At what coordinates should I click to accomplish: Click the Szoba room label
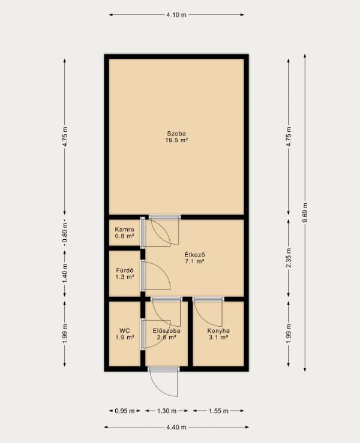click(x=176, y=134)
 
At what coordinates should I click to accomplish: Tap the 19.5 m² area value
click(x=177, y=140)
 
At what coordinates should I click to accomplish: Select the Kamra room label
click(x=124, y=230)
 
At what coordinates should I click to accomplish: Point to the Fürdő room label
click(x=125, y=270)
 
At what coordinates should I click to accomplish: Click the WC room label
click(x=125, y=330)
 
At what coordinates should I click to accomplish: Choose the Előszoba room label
click(x=167, y=330)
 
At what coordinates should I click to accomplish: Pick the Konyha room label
click(x=218, y=330)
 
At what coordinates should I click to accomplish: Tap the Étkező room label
click(x=194, y=255)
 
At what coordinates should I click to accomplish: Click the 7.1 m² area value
click(x=194, y=261)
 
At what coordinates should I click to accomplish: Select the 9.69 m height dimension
click(x=305, y=213)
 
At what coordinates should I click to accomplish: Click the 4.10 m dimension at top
click(x=176, y=15)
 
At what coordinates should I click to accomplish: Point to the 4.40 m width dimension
click(x=176, y=427)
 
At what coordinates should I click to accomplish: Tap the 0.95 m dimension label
click(x=125, y=411)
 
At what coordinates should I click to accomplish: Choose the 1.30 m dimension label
click(x=167, y=411)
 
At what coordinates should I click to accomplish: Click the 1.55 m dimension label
click(x=218, y=411)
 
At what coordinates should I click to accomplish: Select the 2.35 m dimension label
click(x=289, y=258)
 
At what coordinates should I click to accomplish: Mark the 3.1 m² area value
click(x=218, y=337)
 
